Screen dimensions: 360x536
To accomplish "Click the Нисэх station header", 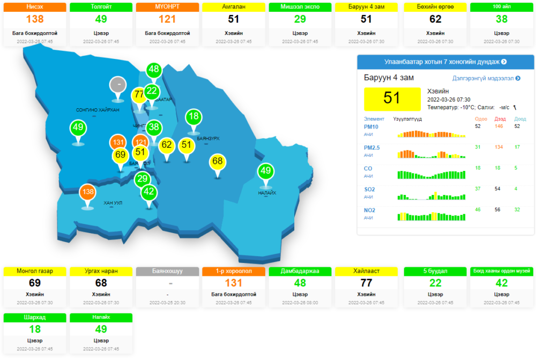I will click(x=35, y=7).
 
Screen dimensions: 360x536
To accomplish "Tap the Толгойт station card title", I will click(x=102, y=7).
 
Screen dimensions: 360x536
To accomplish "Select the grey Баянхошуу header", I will click(x=168, y=271).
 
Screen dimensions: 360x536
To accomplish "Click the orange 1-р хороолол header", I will click(x=234, y=271).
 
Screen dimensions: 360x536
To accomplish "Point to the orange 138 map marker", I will click(x=87, y=191).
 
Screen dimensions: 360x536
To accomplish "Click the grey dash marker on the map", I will click(x=117, y=84).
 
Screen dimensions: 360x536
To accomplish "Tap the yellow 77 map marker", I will click(x=139, y=95).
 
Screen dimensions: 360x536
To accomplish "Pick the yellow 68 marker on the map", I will click(x=217, y=161).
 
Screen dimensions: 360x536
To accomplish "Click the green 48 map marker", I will click(x=154, y=69).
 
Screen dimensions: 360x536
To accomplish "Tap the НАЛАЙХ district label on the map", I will click(x=266, y=192).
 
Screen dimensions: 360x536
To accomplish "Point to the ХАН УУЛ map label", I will click(x=113, y=203).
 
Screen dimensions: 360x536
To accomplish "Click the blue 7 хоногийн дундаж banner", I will click(x=445, y=62).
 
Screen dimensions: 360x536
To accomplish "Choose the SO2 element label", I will click(x=369, y=189).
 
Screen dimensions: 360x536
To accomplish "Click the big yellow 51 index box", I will click(x=392, y=98).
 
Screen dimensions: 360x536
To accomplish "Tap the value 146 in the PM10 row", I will click(x=498, y=126).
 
